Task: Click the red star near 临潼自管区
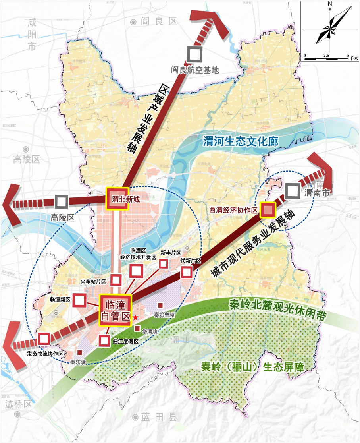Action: click(x=135, y=317)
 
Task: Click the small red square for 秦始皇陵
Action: click(x=160, y=305)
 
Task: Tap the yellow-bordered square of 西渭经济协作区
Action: click(x=268, y=209)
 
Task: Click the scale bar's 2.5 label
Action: click(x=326, y=54)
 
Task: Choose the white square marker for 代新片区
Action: click(x=187, y=272)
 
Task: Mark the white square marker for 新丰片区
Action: click(x=163, y=263)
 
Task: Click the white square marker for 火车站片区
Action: click(x=116, y=280)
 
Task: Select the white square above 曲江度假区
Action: click(x=104, y=340)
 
